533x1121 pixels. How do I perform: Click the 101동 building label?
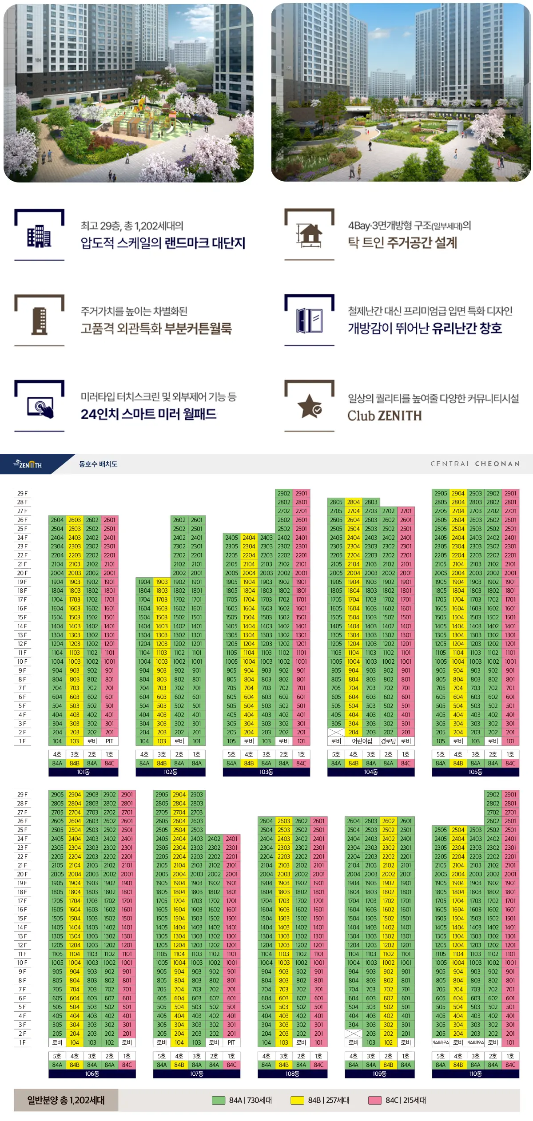84,772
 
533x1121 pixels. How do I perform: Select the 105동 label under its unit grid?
475,772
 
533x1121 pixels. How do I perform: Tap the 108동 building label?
292,1073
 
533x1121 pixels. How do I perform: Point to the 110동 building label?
475,1073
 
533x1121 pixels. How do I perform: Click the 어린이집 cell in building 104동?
362,741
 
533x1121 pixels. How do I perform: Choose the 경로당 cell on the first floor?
388,741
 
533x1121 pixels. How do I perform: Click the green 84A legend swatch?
219,1100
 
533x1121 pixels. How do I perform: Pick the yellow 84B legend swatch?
297,1100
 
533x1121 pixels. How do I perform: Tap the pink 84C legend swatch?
375,1100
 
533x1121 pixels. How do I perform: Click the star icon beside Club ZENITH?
310,406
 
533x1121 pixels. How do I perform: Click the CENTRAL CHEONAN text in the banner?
475,464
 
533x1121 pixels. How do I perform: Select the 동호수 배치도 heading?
98,464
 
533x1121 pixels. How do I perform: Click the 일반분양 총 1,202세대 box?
66,1100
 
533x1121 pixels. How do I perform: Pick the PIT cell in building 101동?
109,741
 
